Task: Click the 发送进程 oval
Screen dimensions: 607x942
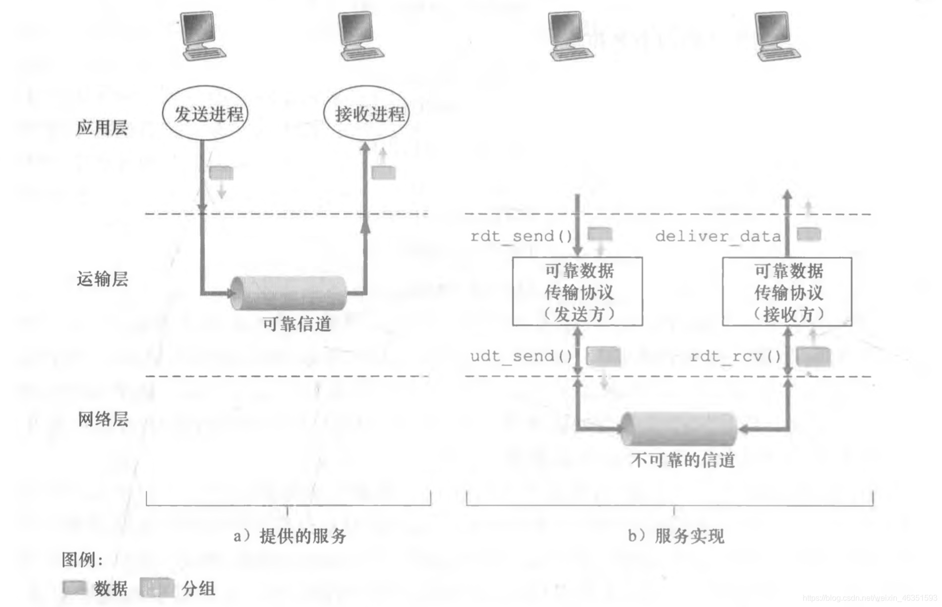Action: (205, 114)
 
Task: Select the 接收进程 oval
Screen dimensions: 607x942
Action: (366, 114)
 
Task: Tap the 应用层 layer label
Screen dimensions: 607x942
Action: (102, 128)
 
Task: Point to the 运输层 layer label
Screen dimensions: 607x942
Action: (102, 279)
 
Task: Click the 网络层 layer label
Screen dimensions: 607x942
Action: (103, 420)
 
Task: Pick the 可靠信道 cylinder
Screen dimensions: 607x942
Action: (289, 293)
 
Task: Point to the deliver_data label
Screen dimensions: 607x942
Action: (718, 236)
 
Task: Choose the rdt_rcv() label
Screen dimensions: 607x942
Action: (736, 356)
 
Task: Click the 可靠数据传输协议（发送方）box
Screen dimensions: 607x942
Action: (578, 292)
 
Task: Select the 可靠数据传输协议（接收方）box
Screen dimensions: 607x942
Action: (787, 292)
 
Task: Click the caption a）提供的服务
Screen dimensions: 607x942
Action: (290, 536)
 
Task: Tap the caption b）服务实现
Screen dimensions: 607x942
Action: (676, 536)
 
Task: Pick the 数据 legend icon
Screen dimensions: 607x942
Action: (74, 588)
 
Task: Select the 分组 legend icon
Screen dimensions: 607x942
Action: (157, 588)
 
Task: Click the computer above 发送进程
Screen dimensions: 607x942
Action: (202, 36)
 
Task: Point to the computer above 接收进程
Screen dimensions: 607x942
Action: (360, 36)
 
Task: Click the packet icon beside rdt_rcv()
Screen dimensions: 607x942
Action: (813, 356)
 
